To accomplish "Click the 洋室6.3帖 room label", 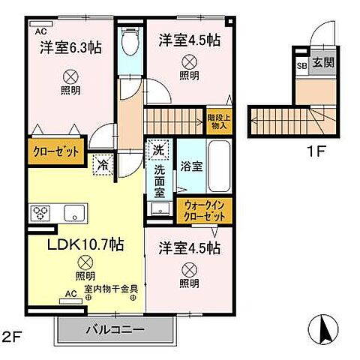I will click(x=71, y=47).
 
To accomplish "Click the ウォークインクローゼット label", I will click(x=205, y=209).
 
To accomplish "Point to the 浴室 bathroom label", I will click(x=190, y=166).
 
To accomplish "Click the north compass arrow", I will click(x=324, y=326).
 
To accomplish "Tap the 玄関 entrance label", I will click(x=323, y=64).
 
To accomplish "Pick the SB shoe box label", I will click(x=301, y=65).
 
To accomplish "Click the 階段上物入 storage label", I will click(x=218, y=120).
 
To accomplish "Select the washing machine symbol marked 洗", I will click(x=157, y=150).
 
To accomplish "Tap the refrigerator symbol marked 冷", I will click(x=101, y=163).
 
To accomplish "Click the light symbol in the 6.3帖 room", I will click(x=70, y=75).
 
